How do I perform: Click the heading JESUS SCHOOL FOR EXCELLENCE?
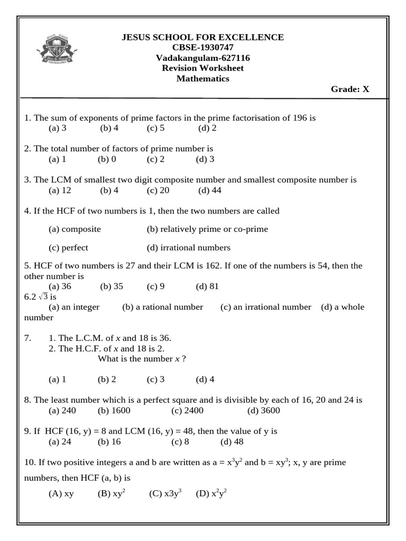click(x=202, y=38)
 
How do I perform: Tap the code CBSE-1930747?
click(x=202, y=48)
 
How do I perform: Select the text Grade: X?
click(x=350, y=89)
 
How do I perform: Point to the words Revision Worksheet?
click(x=202, y=68)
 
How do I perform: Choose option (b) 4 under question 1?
click(x=109, y=128)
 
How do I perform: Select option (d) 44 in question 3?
click(x=210, y=190)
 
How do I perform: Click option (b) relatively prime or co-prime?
click(x=207, y=229)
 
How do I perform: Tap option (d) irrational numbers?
click(x=189, y=248)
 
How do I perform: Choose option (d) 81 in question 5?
click(x=207, y=286)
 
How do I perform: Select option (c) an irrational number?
click(x=266, y=307)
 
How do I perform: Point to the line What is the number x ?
click(x=142, y=359)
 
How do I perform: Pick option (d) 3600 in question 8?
click(x=263, y=411)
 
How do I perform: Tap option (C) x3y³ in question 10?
click(x=165, y=494)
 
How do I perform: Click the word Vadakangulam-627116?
click(x=202, y=58)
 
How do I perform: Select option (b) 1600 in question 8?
click(x=114, y=411)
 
